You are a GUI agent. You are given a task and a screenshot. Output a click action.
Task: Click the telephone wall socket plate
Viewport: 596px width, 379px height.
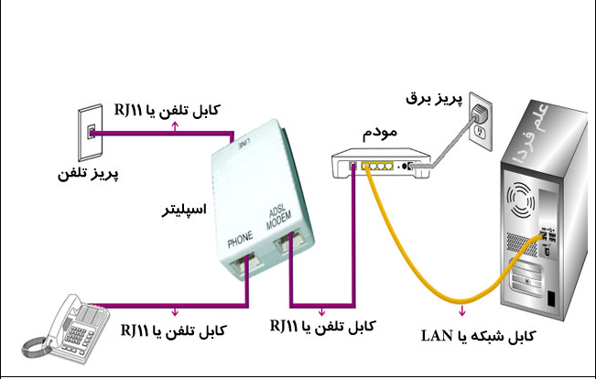[91, 133]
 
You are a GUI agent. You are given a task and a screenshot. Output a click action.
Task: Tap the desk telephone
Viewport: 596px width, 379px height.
[66, 330]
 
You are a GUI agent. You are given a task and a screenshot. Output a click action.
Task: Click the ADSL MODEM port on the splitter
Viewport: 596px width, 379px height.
[290, 240]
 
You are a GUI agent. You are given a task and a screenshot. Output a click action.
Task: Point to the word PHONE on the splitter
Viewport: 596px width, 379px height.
[240, 239]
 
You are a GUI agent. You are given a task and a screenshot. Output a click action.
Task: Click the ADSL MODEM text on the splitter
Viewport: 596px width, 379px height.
[279, 219]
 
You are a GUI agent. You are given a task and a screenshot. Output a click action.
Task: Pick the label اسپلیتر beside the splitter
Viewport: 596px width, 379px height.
[184, 210]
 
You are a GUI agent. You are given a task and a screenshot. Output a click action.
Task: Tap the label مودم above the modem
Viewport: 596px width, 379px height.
[380, 133]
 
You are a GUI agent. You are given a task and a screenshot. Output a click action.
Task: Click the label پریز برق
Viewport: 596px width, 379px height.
[435, 99]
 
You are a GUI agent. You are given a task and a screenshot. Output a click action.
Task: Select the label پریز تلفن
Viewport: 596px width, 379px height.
[88, 174]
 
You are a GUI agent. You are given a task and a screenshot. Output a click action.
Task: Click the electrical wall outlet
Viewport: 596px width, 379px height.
[481, 122]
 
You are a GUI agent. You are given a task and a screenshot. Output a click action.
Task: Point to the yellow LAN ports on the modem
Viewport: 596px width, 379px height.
[377, 166]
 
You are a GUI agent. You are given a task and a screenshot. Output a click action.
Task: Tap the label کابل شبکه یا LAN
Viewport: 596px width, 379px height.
[479, 336]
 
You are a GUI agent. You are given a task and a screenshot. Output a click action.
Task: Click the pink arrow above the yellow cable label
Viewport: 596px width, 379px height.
[462, 310]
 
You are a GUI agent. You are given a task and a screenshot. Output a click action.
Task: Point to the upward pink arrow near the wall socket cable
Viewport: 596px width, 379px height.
[175, 126]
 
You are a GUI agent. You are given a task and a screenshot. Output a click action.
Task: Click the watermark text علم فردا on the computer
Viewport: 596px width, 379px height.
[531, 132]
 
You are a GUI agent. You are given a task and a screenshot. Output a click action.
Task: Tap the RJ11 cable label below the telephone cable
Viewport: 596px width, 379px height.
[174, 330]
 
